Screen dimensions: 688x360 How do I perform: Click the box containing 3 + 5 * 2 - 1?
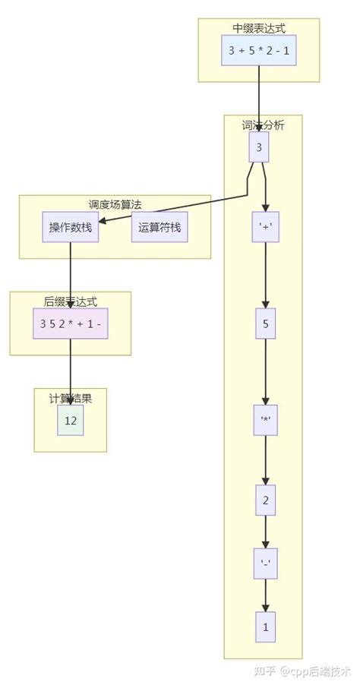coord(259,50)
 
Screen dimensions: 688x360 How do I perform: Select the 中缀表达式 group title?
coord(259,28)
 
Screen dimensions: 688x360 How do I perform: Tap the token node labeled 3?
coord(259,147)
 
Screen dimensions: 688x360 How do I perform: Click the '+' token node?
coord(266,226)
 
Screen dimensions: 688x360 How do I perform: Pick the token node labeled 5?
coord(266,323)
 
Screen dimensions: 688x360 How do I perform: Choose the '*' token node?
coord(266,420)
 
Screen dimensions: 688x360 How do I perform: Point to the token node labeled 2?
coord(265,500)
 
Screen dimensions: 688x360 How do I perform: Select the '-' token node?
coord(266,563)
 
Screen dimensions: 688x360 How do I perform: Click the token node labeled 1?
coord(265,627)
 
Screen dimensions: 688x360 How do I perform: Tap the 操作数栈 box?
coord(70,227)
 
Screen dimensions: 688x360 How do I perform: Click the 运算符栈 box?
coord(159,227)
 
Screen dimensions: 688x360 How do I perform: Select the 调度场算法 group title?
coord(115,204)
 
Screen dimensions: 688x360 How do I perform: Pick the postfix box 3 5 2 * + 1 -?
coord(71,323)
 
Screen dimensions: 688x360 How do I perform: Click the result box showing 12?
coord(71,420)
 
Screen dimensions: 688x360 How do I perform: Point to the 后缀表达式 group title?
coord(71,301)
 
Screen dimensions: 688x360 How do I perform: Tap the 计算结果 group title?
coord(71,398)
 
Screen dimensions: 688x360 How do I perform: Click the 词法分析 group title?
coord(263,125)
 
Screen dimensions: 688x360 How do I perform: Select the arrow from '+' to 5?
coord(266,275)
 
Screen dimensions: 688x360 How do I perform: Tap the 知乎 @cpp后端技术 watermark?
coord(302,671)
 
